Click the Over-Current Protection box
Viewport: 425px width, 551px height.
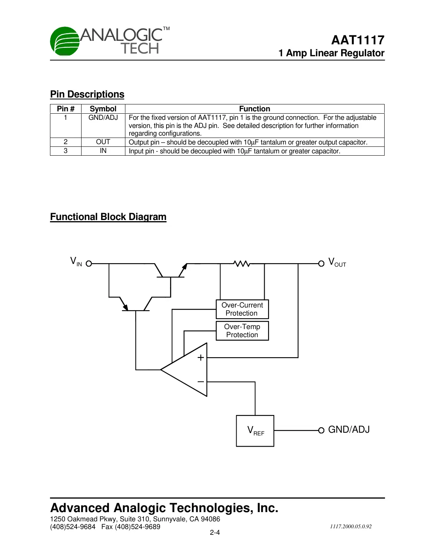(242, 309)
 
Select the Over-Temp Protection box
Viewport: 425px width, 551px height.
(242, 331)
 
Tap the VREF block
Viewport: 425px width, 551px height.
(255, 431)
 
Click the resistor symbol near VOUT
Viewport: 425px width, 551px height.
(242, 264)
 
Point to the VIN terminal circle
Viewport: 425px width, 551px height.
(89, 264)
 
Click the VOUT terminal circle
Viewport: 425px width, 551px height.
(321, 264)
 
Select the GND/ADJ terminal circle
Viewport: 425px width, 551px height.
(321, 430)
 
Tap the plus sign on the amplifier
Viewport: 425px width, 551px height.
(201, 358)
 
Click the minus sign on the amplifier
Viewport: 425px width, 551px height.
(201, 382)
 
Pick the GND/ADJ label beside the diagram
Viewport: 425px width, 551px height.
(349, 430)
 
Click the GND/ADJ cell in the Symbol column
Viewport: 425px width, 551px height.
(103, 118)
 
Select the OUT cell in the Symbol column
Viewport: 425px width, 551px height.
(103, 142)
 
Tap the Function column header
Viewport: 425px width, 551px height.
(255, 109)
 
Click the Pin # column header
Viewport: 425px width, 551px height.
(66, 109)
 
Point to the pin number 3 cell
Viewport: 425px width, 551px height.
(66, 151)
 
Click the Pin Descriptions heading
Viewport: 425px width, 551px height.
(87, 94)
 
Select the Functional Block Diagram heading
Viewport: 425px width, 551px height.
(108, 217)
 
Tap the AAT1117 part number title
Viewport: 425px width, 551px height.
(358, 40)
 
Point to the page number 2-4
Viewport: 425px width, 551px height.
(215, 533)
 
